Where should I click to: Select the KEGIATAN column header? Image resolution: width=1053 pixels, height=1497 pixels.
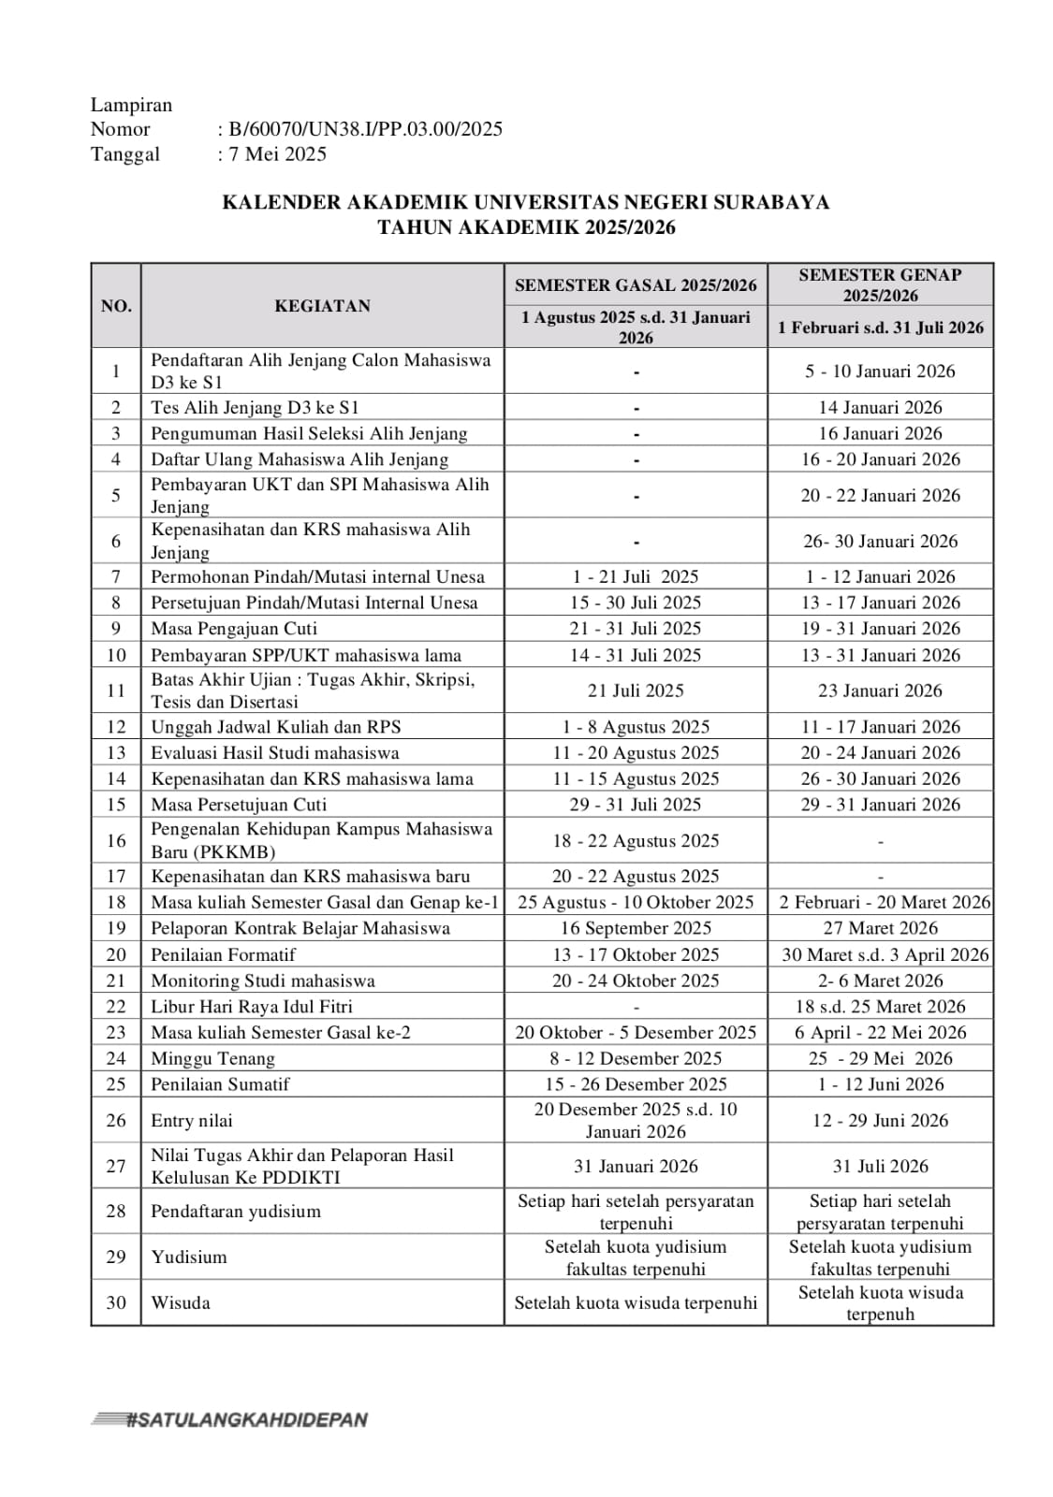[322, 306]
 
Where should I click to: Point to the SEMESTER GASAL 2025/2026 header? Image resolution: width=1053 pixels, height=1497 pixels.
[636, 284]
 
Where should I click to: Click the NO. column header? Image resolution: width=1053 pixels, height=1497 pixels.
[116, 306]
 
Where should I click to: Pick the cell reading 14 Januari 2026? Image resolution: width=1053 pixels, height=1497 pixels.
[880, 407]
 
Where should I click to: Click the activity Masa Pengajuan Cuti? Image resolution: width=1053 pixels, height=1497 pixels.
[234, 629]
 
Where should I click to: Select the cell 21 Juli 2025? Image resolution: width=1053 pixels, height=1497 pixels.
[636, 690]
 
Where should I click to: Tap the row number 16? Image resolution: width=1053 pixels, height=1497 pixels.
[116, 840]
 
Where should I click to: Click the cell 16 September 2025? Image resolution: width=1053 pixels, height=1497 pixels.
[636, 928]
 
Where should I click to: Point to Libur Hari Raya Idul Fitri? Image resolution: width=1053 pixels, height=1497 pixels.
[252, 1007]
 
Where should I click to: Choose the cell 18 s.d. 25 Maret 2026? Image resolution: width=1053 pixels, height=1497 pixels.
[880, 1007]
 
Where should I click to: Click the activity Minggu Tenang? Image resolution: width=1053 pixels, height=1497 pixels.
[213, 1058]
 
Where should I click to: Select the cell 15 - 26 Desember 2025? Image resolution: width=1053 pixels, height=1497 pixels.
[636, 1084]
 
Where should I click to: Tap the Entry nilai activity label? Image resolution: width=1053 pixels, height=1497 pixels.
[192, 1120]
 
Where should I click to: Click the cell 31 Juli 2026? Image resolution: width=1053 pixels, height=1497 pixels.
[880, 1166]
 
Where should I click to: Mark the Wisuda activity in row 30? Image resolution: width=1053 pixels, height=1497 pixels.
[181, 1302]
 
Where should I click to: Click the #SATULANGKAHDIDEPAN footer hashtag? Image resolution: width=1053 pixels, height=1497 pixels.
[245, 1419]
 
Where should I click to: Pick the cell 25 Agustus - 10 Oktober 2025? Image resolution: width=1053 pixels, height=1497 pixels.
[636, 902]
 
